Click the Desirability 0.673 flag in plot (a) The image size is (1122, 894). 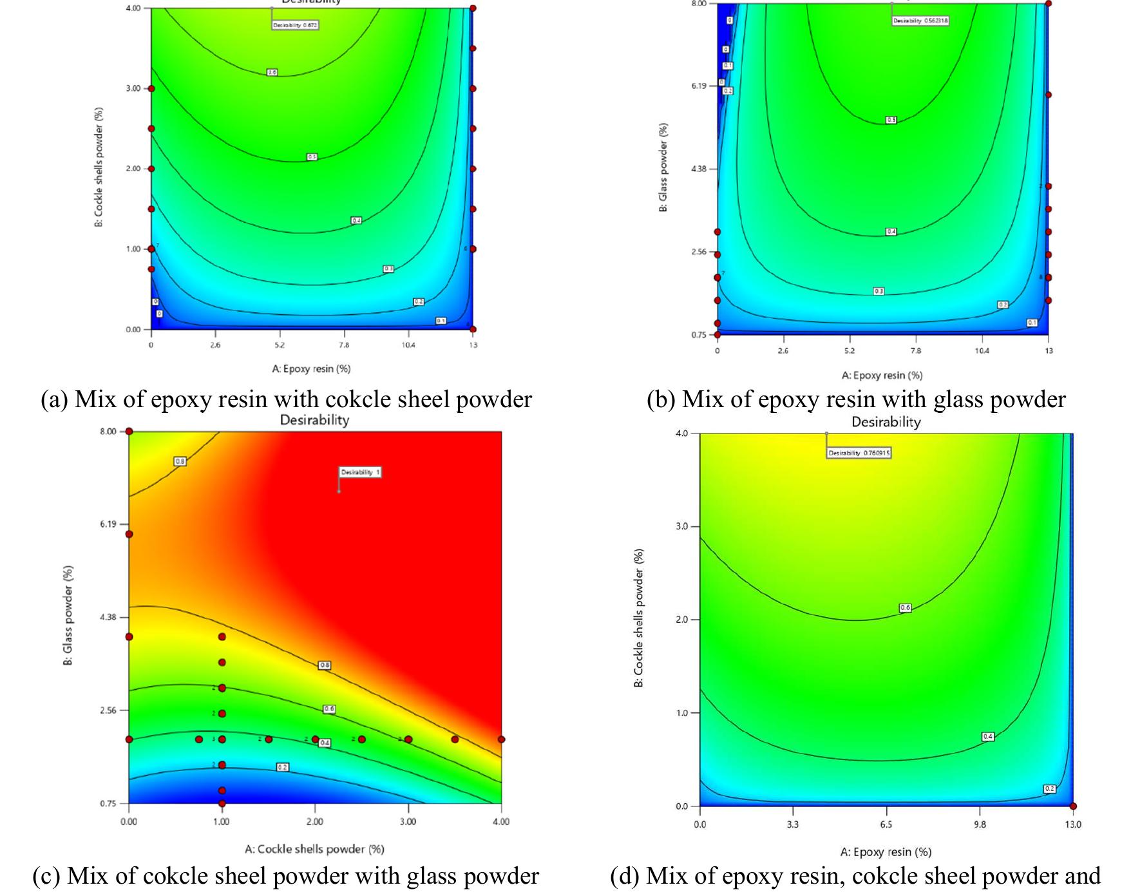click(x=296, y=25)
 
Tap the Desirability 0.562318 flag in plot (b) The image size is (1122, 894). click(x=920, y=21)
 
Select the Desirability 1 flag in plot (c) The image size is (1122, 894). click(x=360, y=472)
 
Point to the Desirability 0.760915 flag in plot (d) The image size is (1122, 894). click(x=859, y=453)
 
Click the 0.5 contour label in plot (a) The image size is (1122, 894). click(x=312, y=157)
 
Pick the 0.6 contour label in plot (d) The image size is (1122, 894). click(x=905, y=607)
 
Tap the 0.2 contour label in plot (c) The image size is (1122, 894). click(x=282, y=767)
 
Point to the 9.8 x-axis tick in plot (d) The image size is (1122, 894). click(x=979, y=824)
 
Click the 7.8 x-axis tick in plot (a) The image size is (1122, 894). click(x=344, y=345)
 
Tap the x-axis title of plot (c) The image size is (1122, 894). click(x=314, y=849)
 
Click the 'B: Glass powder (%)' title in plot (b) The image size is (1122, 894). click(x=664, y=167)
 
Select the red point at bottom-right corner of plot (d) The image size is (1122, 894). click(x=1073, y=806)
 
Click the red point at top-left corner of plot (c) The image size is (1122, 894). click(x=129, y=432)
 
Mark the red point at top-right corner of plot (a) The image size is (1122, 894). click(x=473, y=8)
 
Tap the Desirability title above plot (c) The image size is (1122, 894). click(x=314, y=421)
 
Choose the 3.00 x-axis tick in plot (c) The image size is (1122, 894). click(x=408, y=821)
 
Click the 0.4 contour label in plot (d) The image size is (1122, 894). click(x=987, y=736)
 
